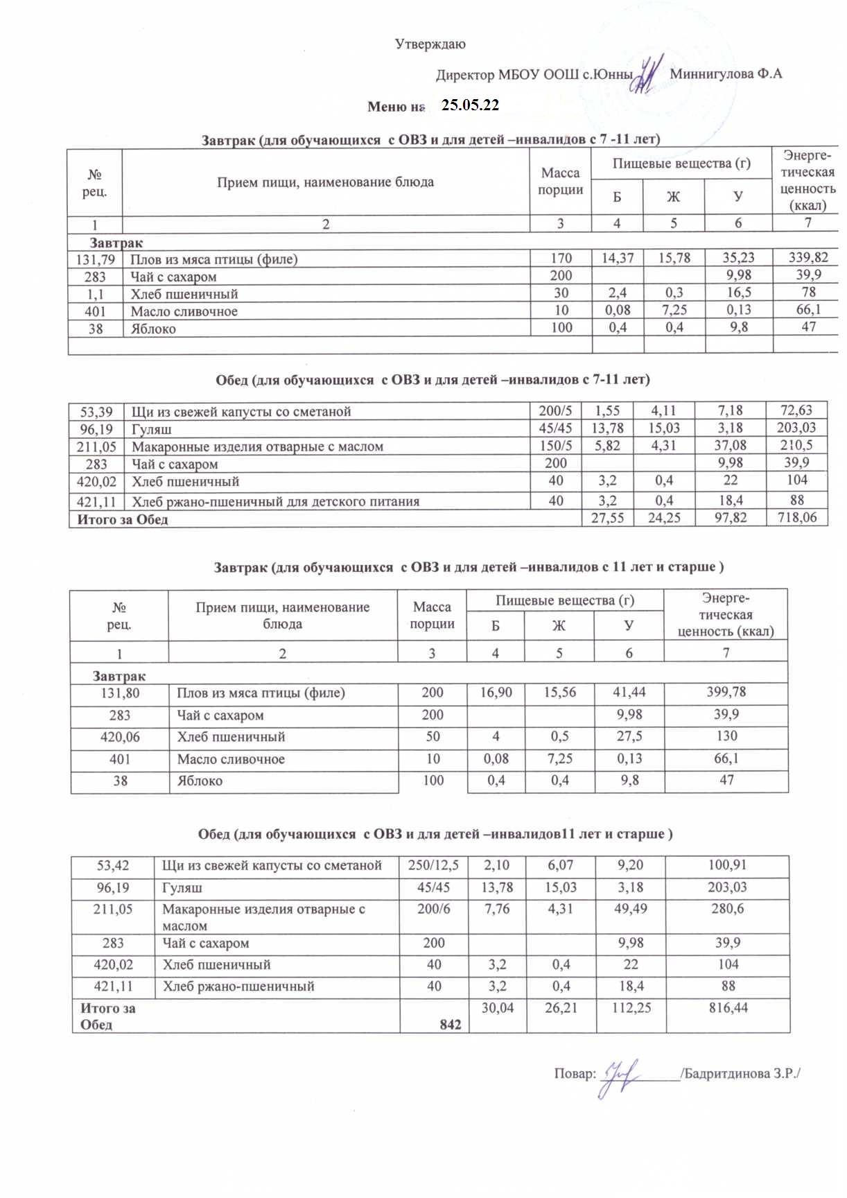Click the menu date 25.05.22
click(471, 105)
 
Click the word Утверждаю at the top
click(430, 44)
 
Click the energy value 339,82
click(808, 258)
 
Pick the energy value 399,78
click(726, 692)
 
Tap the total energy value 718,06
click(797, 517)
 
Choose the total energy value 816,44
click(725, 1008)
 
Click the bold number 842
click(451, 1025)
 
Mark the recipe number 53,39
click(96, 411)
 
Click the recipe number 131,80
click(120, 693)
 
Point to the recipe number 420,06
click(120, 737)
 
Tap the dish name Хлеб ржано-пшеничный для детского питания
click(275, 501)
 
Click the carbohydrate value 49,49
click(631, 908)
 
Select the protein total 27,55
click(607, 517)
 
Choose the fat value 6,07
click(560, 865)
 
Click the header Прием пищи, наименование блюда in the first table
click(325, 182)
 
